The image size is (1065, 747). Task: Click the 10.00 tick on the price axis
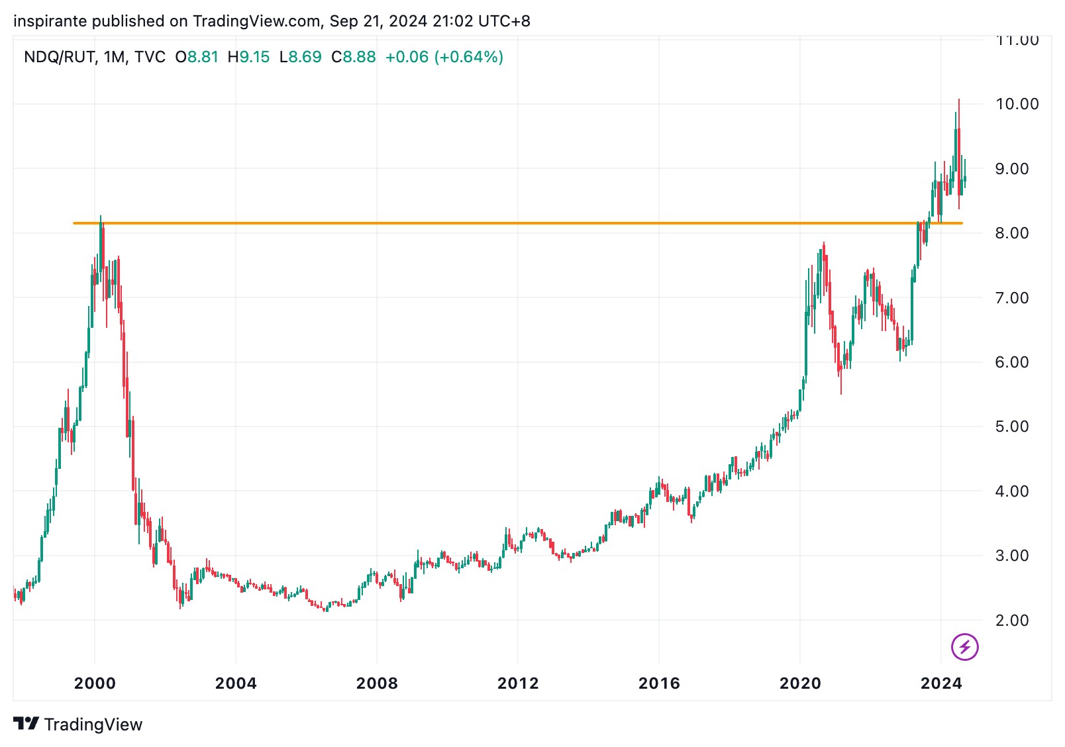click(1017, 104)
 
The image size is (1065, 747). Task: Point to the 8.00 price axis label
click(1011, 233)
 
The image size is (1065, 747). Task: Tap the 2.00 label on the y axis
click(1011, 621)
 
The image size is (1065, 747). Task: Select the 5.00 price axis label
click(1011, 426)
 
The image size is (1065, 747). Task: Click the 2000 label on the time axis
click(95, 683)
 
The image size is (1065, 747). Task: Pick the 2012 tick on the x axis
click(518, 683)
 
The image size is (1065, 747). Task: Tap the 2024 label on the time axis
click(941, 683)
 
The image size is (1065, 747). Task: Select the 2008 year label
click(377, 683)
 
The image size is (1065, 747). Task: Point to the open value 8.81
click(203, 58)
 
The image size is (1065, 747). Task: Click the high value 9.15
click(254, 58)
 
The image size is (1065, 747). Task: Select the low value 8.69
click(305, 58)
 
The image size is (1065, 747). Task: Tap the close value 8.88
click(359, 58)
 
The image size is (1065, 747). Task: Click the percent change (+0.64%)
click(469, 58)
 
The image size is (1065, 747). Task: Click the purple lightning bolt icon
click(964, 647)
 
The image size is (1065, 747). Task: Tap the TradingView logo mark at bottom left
click(26, 724)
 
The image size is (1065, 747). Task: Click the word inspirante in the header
click(50, 21)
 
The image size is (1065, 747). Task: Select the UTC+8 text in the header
click(504, 21)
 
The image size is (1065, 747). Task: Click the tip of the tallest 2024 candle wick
click(958, 100)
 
